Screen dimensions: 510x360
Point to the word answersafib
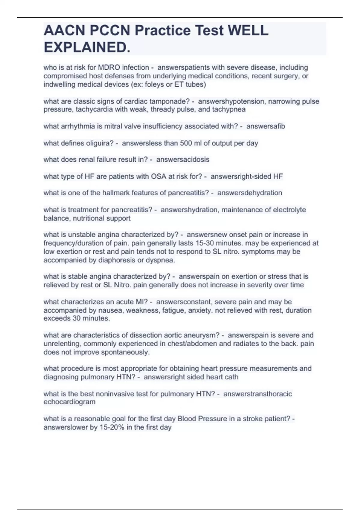(265, 126)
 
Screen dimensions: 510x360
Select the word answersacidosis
(183, 160)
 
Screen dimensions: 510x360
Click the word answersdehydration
(250, 193)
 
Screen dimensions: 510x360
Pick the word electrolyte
(289, 210)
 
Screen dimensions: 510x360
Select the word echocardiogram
(69, 402)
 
